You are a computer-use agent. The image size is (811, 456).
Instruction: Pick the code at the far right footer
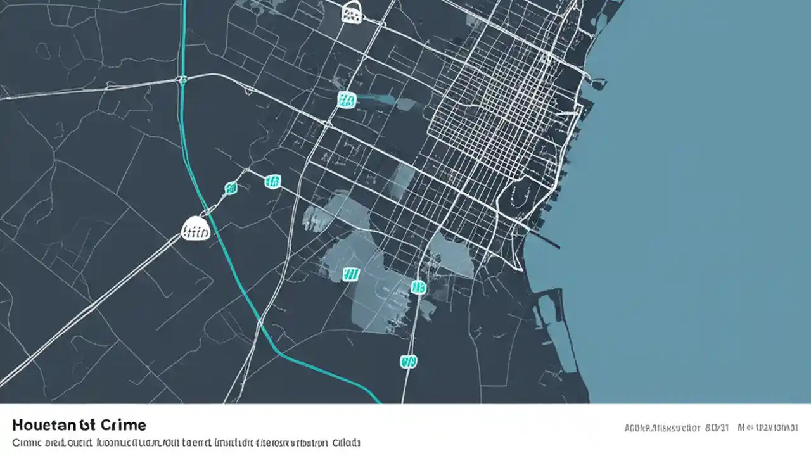(x=769, y=428)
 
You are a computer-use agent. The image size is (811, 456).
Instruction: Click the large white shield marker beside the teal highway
(x=196, y=229)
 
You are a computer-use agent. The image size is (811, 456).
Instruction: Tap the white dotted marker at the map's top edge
(x=352, y=12)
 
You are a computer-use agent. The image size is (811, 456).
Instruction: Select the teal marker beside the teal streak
(x=347, y=99)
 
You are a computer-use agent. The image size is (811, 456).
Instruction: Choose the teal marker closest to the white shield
(x=231, y=187)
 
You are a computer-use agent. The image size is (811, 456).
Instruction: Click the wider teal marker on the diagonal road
(x=272, y=182)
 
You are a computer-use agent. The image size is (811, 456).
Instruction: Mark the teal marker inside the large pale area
(x=350, y=274)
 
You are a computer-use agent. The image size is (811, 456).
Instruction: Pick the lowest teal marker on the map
(x=409, y=361)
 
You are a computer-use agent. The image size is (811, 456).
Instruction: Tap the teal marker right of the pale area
(x=418, y=288)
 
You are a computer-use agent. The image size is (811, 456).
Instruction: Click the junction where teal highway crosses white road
(x=182, y=80)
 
